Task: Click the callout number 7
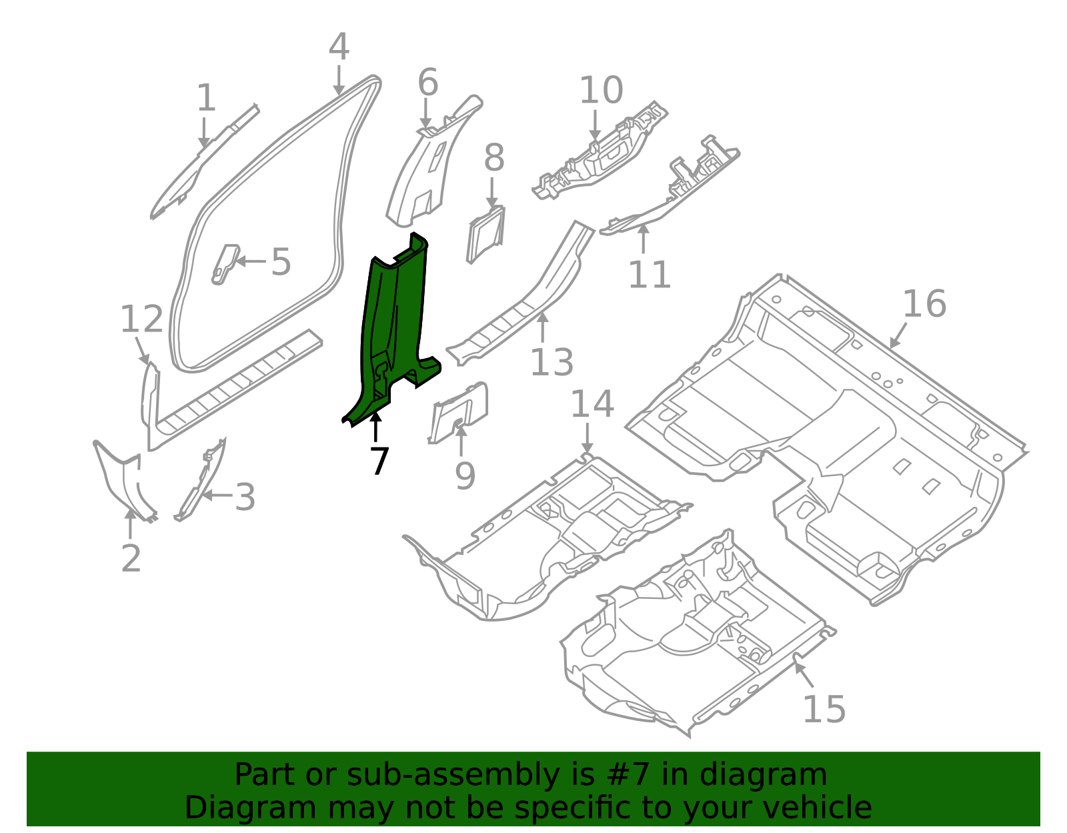point(379,461)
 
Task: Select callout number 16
point(924,304)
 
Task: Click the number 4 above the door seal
point(339,47)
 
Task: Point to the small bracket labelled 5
point(225,263)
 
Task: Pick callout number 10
point(601,91)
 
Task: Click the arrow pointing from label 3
point(217,495)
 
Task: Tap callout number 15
point(824,709)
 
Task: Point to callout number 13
point(552,363)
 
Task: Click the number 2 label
point(131,558)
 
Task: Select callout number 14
point(592,405)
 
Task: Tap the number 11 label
point(650,275)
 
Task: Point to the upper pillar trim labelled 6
point(427,167)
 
